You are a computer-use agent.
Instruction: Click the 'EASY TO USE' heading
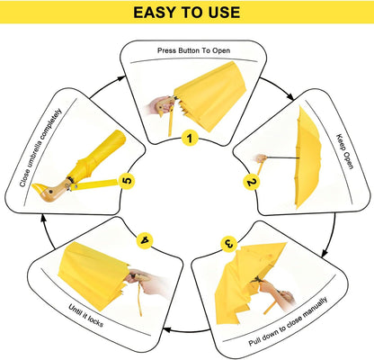click(x=186, y=13)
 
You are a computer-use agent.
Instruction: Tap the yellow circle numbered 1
click(x=190, y=138)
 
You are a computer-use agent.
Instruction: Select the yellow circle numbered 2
click(x=252, y=182)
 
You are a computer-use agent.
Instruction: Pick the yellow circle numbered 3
click(x=228, y=244)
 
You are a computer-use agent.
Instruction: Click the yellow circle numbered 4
click(x=145, y=240)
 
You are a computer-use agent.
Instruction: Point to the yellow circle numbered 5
click(x=127, y=181)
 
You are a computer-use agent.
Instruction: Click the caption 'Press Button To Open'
click(x=193, y=50)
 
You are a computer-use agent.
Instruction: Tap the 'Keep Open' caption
click(x=345, y=151)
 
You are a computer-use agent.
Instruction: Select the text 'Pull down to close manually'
click(x=288, y=321)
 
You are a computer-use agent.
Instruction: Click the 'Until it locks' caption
click(x=86, y=316)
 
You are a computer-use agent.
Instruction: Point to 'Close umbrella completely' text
click(x=40, y=148)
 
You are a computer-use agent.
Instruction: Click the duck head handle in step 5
click(x=50, y=190)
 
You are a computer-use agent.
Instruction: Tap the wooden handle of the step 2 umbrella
click(x=261, y=158)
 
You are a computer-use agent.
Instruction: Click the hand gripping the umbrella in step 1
click(x=157, y=105)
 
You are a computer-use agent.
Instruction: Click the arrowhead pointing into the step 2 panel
click(x=290, y=97)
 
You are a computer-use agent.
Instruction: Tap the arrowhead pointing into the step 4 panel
click(x=166, y=329)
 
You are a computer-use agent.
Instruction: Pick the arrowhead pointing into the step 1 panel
click(x=121, y=78)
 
